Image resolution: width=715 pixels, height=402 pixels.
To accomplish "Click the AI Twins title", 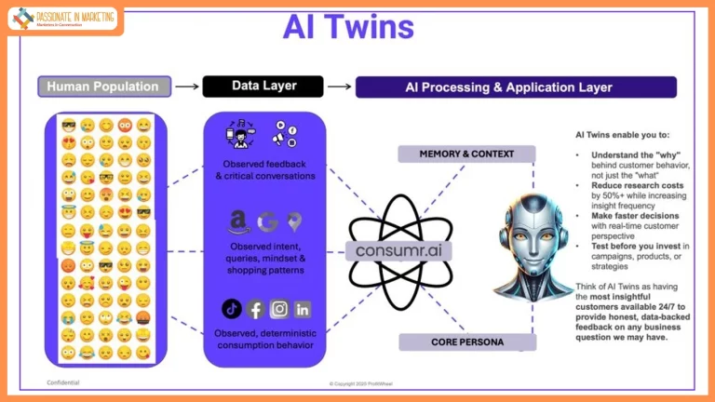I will [x=348, y=26].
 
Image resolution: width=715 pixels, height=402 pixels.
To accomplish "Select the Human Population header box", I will [x=104, y=87].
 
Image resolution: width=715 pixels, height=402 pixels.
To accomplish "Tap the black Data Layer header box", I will [x=263, y=87].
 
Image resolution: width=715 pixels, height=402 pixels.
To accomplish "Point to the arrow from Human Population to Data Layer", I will [x=187, y=87].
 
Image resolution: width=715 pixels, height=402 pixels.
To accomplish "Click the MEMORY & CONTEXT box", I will [x=467, y=154].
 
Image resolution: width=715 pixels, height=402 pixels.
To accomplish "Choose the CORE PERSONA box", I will [x=467, y=342].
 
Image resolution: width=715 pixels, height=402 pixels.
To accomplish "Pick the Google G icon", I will [x=267, y=221].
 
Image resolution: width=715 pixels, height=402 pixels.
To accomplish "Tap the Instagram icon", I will [x=278, y=309].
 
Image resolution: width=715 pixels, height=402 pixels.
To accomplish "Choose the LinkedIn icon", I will [x=302, y=309].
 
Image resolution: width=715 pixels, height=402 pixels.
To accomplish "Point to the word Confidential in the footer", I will [x=63, y=382].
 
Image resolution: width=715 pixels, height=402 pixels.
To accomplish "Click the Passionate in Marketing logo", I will [x=63, y=18].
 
